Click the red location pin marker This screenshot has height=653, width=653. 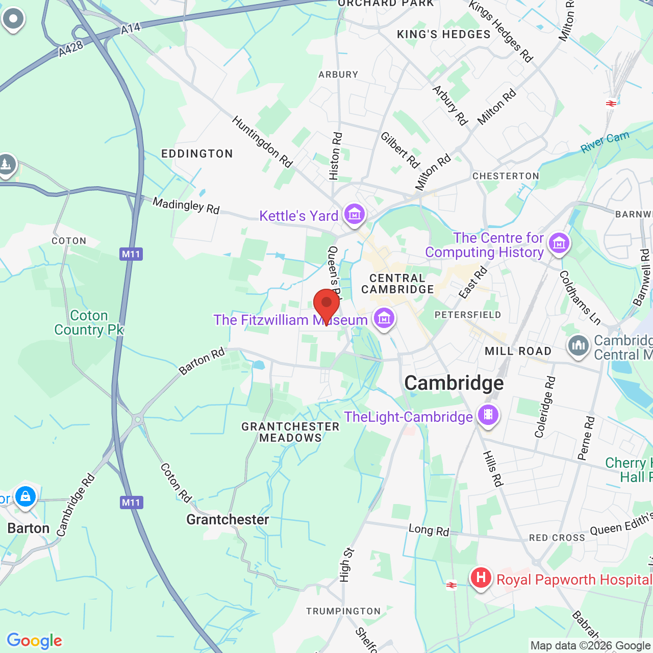tap(326, 305)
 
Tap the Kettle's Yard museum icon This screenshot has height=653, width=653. tap(354, 214)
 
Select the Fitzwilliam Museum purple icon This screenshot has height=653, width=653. tap(384, 319)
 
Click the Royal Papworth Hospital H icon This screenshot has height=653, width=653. tap(481, 578)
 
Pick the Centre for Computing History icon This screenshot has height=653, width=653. tap(559, 244)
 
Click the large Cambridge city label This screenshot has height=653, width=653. tap(454, 383)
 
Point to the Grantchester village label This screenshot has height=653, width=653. tap(228, 519)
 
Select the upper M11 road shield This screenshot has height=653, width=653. tap(131, 254)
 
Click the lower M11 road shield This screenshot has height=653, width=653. tap(131, 503)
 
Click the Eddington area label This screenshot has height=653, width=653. tap(197, 154)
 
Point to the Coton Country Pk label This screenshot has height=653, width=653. tap(89, 322)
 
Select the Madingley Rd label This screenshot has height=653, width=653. tap(186, 206)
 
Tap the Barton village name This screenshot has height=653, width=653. tap(29, 528)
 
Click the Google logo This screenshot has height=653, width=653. tap(34, 641)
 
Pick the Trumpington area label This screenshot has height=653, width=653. tap(343, 611)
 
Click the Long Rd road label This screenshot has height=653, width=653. tap(429, 530)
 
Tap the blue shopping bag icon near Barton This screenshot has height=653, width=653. tap(25, 496)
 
